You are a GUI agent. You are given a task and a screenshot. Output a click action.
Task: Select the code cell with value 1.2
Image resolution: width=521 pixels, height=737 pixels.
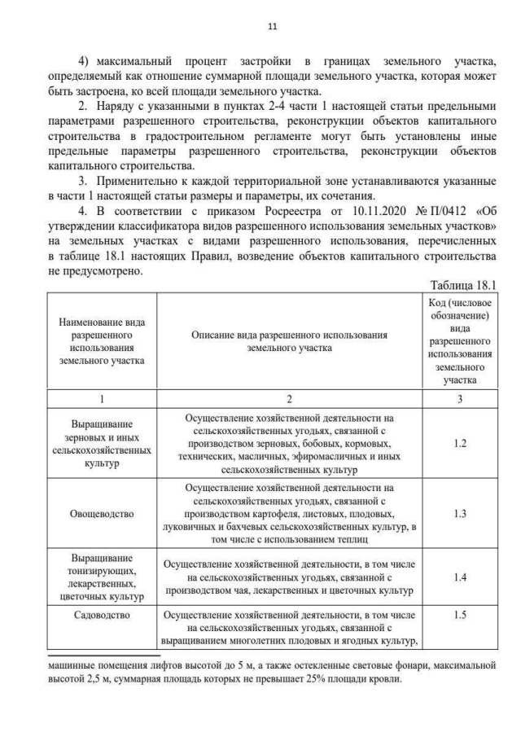coord(459,443)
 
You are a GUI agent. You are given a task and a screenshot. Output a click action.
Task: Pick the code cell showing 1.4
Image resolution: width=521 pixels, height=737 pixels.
coord(459,576)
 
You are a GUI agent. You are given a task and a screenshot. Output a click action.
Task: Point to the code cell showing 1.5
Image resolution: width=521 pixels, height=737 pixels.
coord(459,615)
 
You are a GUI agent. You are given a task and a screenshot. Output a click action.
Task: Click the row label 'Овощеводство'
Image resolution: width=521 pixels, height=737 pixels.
coord(102,514)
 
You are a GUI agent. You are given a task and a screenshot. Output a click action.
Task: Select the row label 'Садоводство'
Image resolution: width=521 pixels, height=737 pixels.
coord(102,615)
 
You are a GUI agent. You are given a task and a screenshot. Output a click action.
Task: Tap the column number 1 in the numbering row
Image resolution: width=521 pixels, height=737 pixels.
coord(102,398)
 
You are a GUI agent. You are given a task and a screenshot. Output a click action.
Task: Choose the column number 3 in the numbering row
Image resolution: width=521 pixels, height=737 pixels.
coord(459,398)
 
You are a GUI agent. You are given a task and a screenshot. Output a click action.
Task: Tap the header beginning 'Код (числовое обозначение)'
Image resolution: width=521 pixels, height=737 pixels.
coord(459,340)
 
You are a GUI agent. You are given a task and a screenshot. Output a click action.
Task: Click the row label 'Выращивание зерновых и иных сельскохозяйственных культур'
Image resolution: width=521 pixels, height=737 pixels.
coord(102,443)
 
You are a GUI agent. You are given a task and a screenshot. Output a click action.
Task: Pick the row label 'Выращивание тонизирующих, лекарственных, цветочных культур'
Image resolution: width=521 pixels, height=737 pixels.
coord(102,576)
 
